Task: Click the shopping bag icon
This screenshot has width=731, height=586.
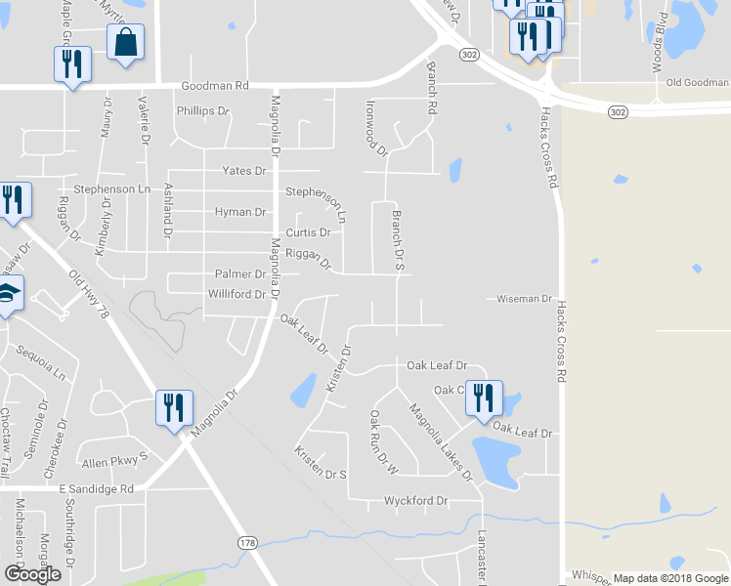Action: [x=125, y=43]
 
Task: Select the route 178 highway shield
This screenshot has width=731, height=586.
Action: [x=247, y=542]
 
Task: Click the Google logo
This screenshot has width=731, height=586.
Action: [x=32, y=574]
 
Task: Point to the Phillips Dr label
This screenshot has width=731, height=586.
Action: [x=202, y=111]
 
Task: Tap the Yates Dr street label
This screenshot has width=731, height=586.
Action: [x=244, y=171]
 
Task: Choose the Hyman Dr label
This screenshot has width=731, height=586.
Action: [x=240, y=212]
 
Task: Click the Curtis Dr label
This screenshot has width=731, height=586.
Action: [x=308, y=233]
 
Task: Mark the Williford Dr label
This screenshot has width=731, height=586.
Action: [x=236, y=294]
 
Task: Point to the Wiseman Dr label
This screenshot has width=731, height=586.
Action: [x=525, y=299]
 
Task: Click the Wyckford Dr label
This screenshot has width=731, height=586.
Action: [x=415, y=501]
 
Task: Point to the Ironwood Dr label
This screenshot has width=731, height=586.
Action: [x=376, y=127]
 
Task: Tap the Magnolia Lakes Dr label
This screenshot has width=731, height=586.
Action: [x=440, y=442]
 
